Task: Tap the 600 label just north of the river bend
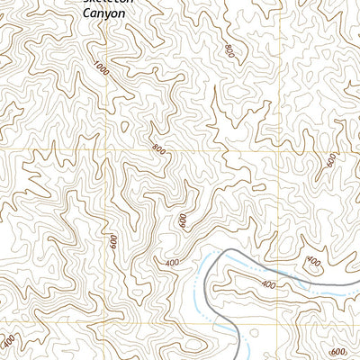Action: pos(183,220)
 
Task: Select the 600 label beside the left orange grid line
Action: pos(113,240)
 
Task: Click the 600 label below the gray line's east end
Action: pos(337,352)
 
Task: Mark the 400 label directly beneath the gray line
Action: pos(268,284)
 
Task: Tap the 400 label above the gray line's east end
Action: pos(312,263)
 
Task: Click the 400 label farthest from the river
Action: pos(9,343)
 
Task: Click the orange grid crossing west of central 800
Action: pos(106,149)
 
